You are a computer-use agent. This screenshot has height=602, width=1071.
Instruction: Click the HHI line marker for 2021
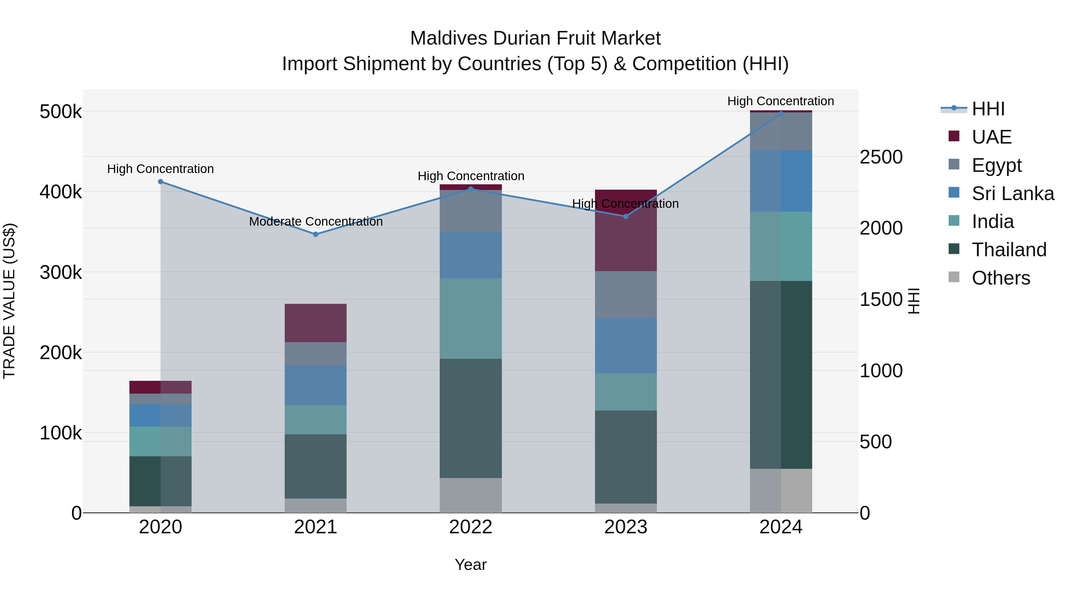pos(316,234)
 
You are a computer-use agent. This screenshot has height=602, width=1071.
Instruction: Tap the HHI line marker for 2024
pos(781,114)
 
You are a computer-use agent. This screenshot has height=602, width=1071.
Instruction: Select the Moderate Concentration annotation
pos(316,222)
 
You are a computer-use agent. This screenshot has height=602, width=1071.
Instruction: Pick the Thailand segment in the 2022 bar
pos(471,418)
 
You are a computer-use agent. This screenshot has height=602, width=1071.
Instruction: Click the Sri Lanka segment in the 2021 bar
pos(316,385)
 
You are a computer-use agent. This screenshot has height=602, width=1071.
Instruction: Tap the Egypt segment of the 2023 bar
pos(626,295)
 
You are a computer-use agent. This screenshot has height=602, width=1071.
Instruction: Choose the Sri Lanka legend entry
pos(1013,194)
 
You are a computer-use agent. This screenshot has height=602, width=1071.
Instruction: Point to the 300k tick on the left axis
pos(61,273)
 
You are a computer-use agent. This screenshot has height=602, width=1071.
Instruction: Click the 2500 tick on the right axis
pos(881,157)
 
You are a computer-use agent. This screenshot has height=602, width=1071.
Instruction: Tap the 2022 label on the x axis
pos(471,527)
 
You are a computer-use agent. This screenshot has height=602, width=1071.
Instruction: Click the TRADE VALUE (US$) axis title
pos(9,301)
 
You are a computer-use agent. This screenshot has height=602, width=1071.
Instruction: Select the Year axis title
pos(471,565)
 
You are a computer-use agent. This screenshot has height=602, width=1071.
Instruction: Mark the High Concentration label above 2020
pos(160,169)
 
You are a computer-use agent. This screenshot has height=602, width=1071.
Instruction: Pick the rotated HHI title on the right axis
pos(913,301)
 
